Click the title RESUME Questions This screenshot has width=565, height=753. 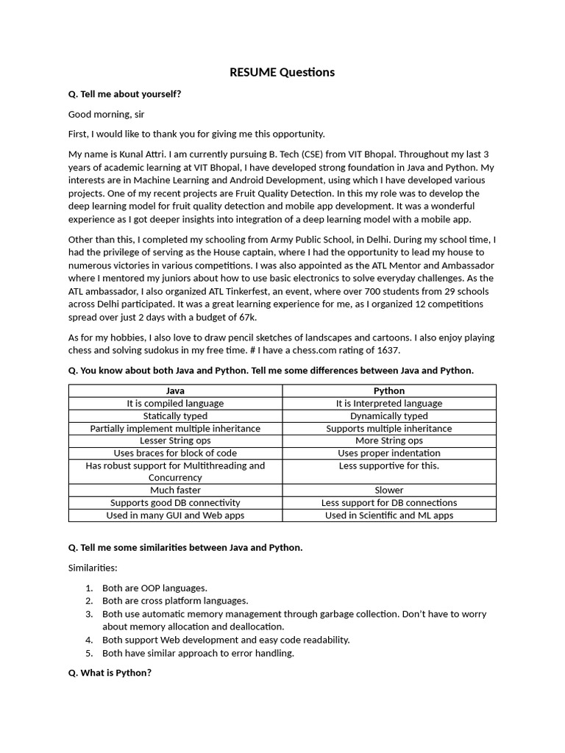click(x=282, y=72)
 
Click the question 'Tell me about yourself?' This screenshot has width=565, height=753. click(x=124, y=94)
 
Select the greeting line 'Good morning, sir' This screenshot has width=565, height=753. click(x=107, y=114)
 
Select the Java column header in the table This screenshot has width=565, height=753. click(x=175, y=390)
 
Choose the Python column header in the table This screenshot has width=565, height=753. click(x=388, y=390)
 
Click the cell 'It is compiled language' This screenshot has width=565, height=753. click(x=175, y=403)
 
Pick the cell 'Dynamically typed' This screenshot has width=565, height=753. click(x=388, y=415)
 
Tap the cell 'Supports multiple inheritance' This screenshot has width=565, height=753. click(x=388, y=428)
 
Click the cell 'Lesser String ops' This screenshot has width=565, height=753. click(x=175, y=440)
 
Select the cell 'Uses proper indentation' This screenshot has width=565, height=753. click(x=388, y=453)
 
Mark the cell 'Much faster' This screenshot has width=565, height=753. click(x=175, y=490)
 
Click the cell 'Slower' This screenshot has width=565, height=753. click(x=388, y=490)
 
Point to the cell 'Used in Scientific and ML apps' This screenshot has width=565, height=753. click(x=388, y=515)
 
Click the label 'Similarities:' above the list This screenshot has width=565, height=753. click(x=93, y=568)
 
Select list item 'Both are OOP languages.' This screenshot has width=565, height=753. click(x=154, y=588)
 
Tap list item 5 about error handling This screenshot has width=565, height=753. click(x=198, y=653)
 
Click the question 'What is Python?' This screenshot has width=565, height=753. click(x=110, y=673)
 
